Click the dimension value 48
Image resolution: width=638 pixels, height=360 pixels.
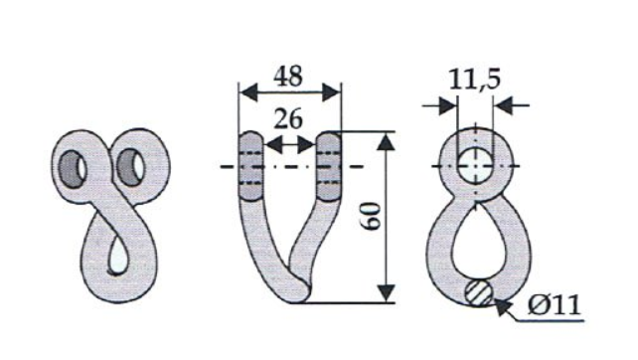[288, 77]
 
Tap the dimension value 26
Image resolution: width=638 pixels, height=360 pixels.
[288, 119]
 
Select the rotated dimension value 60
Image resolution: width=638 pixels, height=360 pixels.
[372, 217]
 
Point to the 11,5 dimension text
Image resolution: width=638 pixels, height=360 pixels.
[474, 80]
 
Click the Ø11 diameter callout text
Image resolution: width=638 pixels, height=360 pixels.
[554, 304]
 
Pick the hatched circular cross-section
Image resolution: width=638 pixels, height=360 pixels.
[479, 292]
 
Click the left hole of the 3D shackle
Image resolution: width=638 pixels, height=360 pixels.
[73, 169]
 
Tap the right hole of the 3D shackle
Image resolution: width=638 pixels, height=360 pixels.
[130, 167]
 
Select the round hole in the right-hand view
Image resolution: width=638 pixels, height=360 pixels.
[476, 166]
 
